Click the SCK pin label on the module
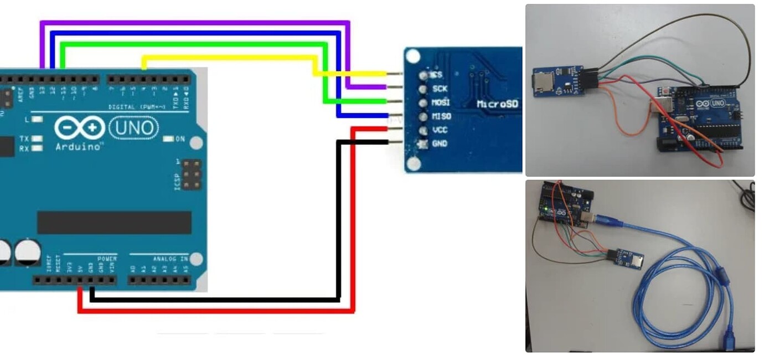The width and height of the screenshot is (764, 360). pyautogui.click(x=440, y=89)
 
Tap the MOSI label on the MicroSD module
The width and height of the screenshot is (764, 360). pyautogui.click(x=441, y=102)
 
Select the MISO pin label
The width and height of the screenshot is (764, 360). pyautogui.click(x=441, y=116)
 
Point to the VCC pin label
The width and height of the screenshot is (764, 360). pyautogui.click(x=440, y=130)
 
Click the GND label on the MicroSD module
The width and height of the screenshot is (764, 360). pyautogui.click(x=440, y=144)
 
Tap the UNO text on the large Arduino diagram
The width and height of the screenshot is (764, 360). pyautogui.click(x=133, y=128)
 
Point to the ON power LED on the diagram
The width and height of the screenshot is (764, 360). pyautogui.click(x=169, y=139)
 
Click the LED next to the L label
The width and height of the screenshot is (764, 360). pyautogui.click(x=38, y=119)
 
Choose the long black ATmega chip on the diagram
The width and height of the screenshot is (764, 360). pyautogui.click(x=114, y=222)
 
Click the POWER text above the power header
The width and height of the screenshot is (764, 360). pyautogui.click(x=107, y=259)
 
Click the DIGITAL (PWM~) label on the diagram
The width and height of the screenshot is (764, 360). pyautogui.click(x=133, y=106)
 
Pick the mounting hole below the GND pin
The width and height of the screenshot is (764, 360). pyautogui.click(x=412, y=163)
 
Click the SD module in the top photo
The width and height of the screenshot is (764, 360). pyautogui.click(x=554, y=82)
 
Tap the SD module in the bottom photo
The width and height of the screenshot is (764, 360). pyautogui.click(x=628, y=258)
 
